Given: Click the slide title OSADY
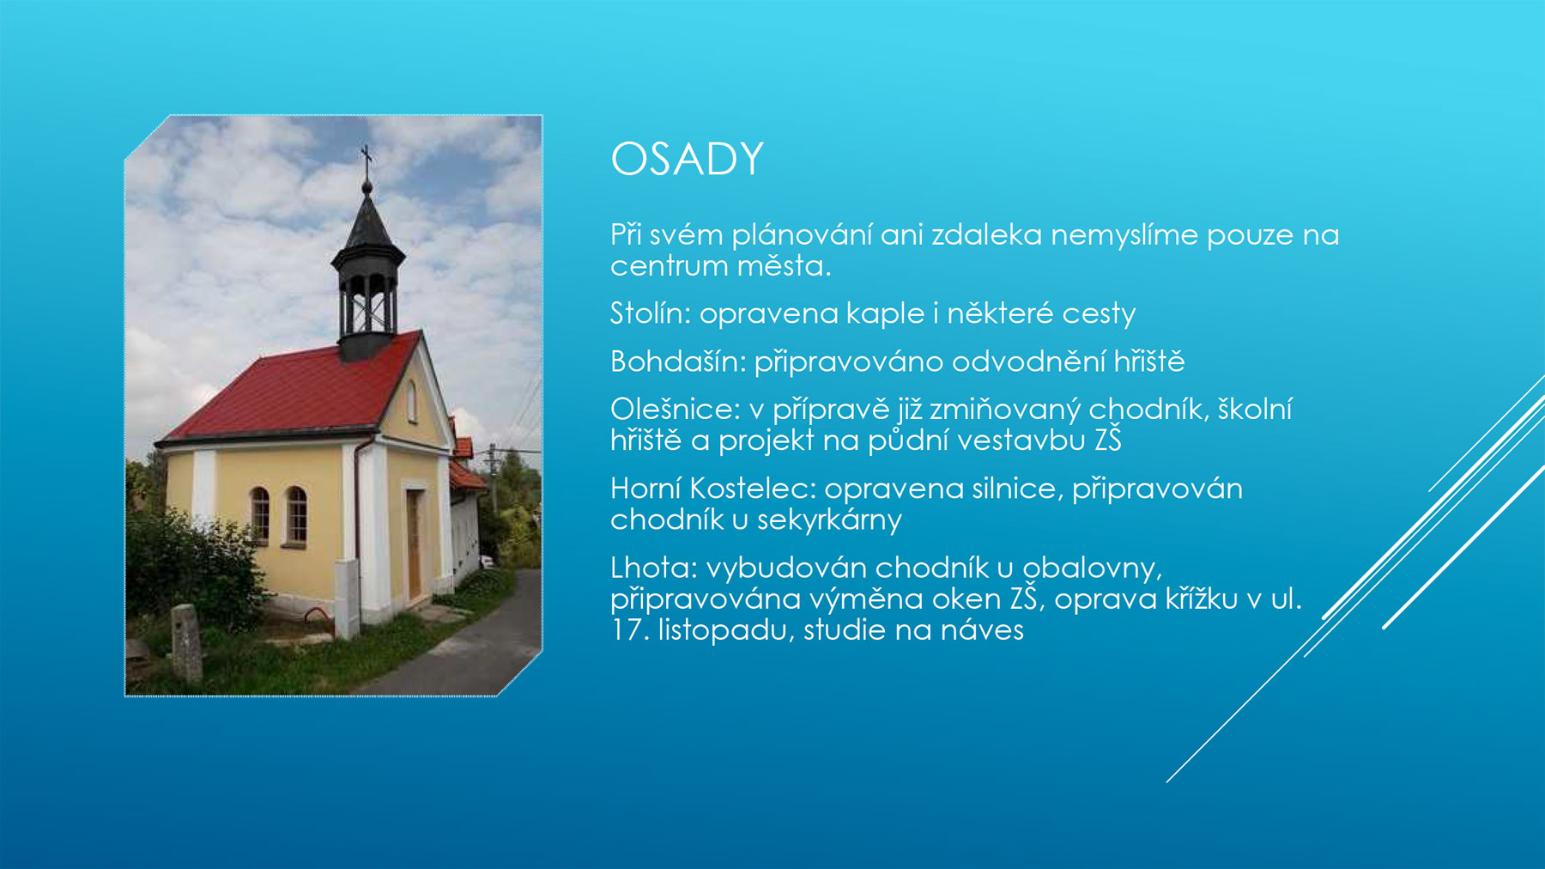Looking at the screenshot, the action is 687,159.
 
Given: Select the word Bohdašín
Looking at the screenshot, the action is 678,361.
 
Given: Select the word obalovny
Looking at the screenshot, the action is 1091,568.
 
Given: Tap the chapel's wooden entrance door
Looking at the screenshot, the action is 414,544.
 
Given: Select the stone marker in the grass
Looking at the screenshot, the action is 186,643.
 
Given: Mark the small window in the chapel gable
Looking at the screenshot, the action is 412,400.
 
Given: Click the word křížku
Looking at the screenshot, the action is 1202,599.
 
